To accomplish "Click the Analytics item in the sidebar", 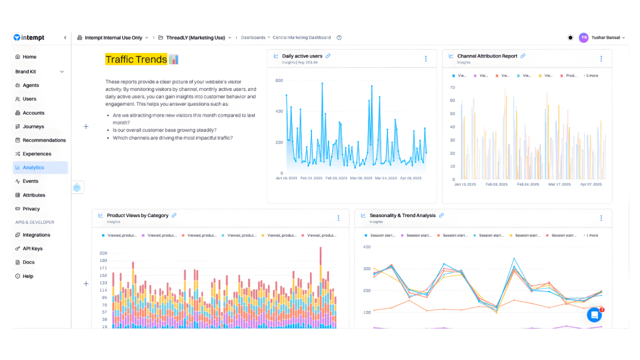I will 33,167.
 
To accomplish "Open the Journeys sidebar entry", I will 33,126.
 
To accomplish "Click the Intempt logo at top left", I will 29,37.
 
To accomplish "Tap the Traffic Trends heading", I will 136,59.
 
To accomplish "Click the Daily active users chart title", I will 302,56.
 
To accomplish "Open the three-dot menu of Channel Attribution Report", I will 601,58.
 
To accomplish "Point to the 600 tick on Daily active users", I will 279,80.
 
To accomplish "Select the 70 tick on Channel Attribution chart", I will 452,87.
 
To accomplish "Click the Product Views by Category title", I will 137,215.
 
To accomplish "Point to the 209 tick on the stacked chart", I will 103,253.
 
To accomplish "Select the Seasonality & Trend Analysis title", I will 402,215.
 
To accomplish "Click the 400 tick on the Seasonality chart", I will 366,247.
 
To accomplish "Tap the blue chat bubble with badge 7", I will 594,315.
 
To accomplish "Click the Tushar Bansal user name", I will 605,37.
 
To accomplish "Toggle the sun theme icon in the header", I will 570,37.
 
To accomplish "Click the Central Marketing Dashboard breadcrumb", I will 301,37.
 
